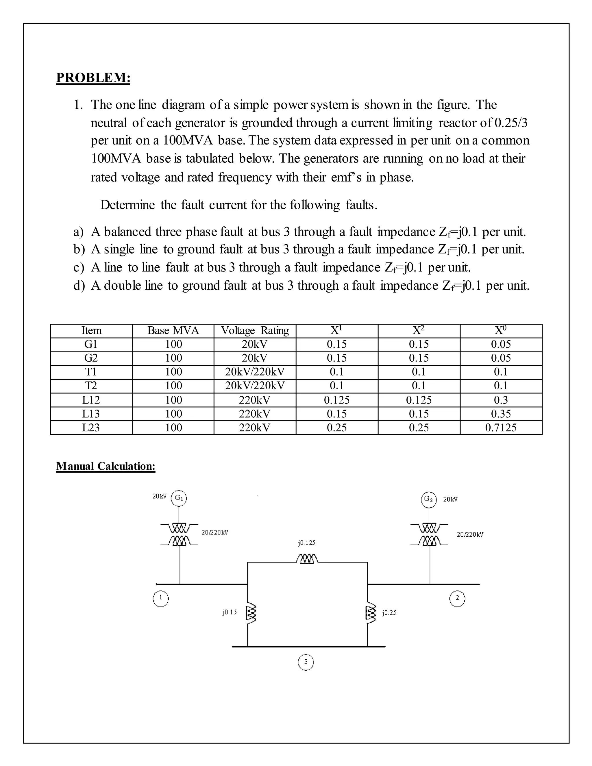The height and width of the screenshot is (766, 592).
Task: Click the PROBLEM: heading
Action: (93, 77)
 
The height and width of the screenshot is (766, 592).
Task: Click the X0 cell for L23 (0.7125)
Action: (501, 428)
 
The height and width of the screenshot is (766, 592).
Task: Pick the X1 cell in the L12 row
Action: (337, 400)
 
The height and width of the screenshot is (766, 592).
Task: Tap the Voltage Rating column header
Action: (255, 330)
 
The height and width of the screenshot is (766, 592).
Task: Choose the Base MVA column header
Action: (173, 330)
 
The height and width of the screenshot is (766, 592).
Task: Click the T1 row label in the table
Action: (91, 372)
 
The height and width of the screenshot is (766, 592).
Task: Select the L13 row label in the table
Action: (91, 414)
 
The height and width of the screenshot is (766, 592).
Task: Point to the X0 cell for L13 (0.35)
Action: (501, 414)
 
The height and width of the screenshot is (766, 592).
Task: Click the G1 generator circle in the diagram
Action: (179, 498)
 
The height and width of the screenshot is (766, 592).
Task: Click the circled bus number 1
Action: (161, 599)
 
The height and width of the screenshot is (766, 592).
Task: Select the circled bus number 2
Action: (457, 599)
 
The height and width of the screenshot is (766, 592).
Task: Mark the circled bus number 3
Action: (306, 662)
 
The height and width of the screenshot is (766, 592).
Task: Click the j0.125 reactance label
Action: (306, 543)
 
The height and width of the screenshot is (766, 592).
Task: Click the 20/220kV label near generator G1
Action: (215, 532)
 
